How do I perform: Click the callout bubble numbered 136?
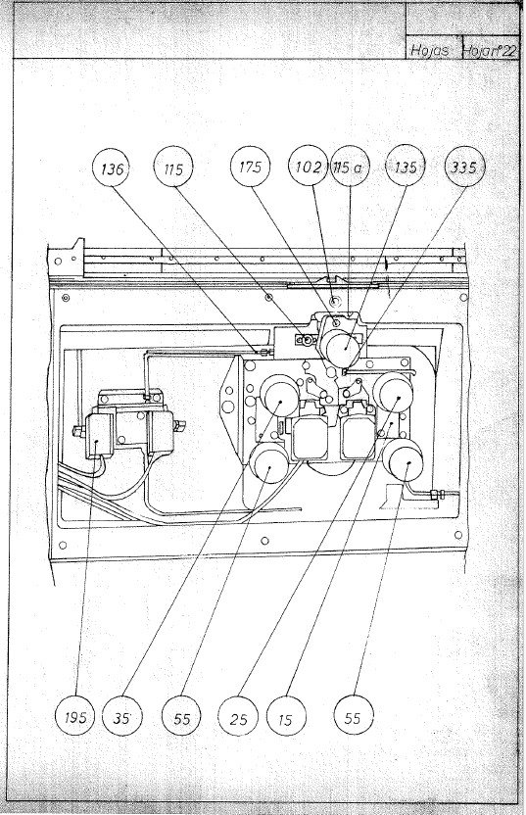(114, 168)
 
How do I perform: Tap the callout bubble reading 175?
(250, 168)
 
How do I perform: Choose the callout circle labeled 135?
(406, 168)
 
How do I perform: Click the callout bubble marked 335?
(461, 168)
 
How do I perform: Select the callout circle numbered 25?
(239, 718)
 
